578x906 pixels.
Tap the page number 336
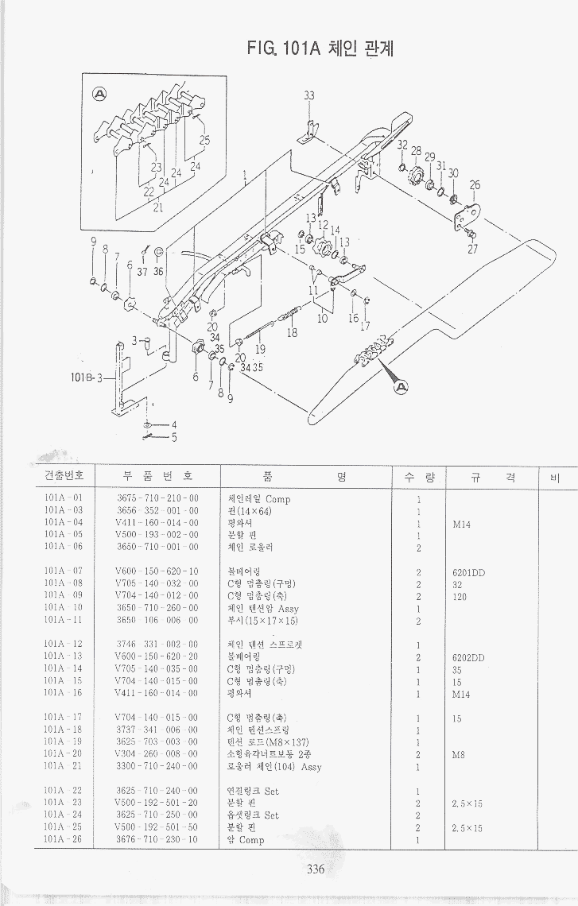[x=316, y=869]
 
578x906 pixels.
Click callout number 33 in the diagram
[x=309, y=96]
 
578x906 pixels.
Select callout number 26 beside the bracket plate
[x=475, y=186]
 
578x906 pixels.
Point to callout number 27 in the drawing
[x=472, y=248]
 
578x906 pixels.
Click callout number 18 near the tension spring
[x=292, y=333]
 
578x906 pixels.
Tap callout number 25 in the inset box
[x=205, y=141]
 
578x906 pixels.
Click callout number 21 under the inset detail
[x=157, y=208]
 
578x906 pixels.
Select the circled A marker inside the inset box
[x=101, y=94]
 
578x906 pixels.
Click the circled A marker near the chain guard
[x=401, y=387]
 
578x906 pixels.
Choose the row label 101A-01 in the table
[x=64, y=498]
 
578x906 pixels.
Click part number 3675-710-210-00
[x=157, y=498]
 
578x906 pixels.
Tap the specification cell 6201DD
[x=468, y=572]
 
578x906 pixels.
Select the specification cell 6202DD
[x=468, y=657]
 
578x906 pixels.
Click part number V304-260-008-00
[x=157, y=755]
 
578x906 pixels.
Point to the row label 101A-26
[x=64, y=839]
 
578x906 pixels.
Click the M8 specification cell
[x=459, y=755]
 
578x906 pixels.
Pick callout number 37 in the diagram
[x=142, y=271]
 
